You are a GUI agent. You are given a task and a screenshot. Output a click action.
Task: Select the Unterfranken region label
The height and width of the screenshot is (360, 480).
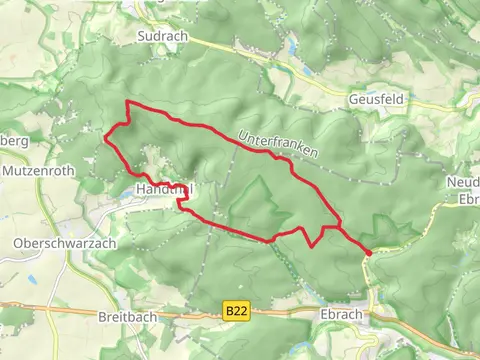click(278, 145)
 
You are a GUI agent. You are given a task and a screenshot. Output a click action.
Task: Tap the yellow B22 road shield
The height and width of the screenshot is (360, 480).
click(236, 312)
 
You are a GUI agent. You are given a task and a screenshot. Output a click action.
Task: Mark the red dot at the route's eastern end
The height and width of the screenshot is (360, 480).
click(368, 253)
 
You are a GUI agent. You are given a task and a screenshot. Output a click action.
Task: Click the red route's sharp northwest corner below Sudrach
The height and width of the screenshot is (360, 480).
click(125, 104)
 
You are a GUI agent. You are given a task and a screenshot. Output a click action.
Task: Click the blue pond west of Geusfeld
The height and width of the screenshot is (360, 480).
click(292, 47)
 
